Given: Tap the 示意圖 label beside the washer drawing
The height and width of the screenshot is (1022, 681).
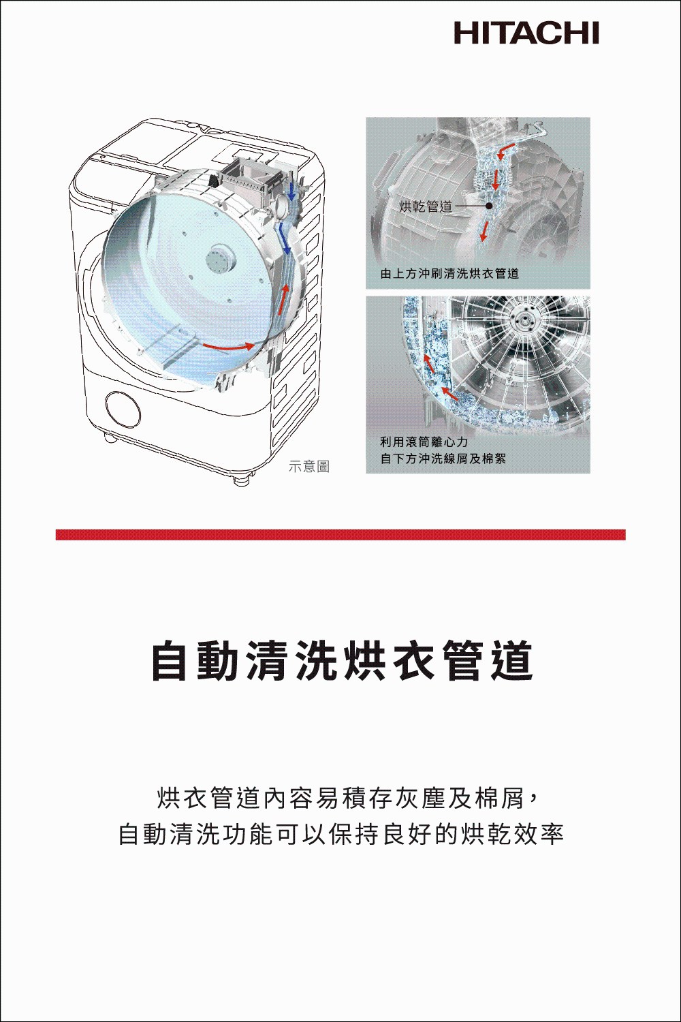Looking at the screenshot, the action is click(x=309, y=467).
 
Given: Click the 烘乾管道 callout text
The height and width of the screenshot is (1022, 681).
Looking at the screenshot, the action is click(x=426, y=206).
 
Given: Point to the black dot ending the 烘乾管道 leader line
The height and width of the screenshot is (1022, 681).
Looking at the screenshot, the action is click(x=489, y=206).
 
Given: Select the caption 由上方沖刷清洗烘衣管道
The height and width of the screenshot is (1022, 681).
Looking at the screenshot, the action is click(x=449, y=274).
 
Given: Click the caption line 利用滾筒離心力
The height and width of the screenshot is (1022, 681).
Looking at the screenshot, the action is click(x=424, y=442).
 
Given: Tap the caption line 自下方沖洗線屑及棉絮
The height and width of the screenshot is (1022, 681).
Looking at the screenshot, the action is click(x=443, y=459).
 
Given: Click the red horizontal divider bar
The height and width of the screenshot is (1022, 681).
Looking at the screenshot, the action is click(x=340, y=535).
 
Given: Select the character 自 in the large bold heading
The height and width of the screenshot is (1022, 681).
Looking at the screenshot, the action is click(x=172, y=661).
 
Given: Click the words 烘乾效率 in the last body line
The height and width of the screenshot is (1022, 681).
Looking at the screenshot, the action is click(x=513, y=833).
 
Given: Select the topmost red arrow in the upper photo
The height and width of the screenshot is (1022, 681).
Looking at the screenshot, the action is click(x=507, y=151).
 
